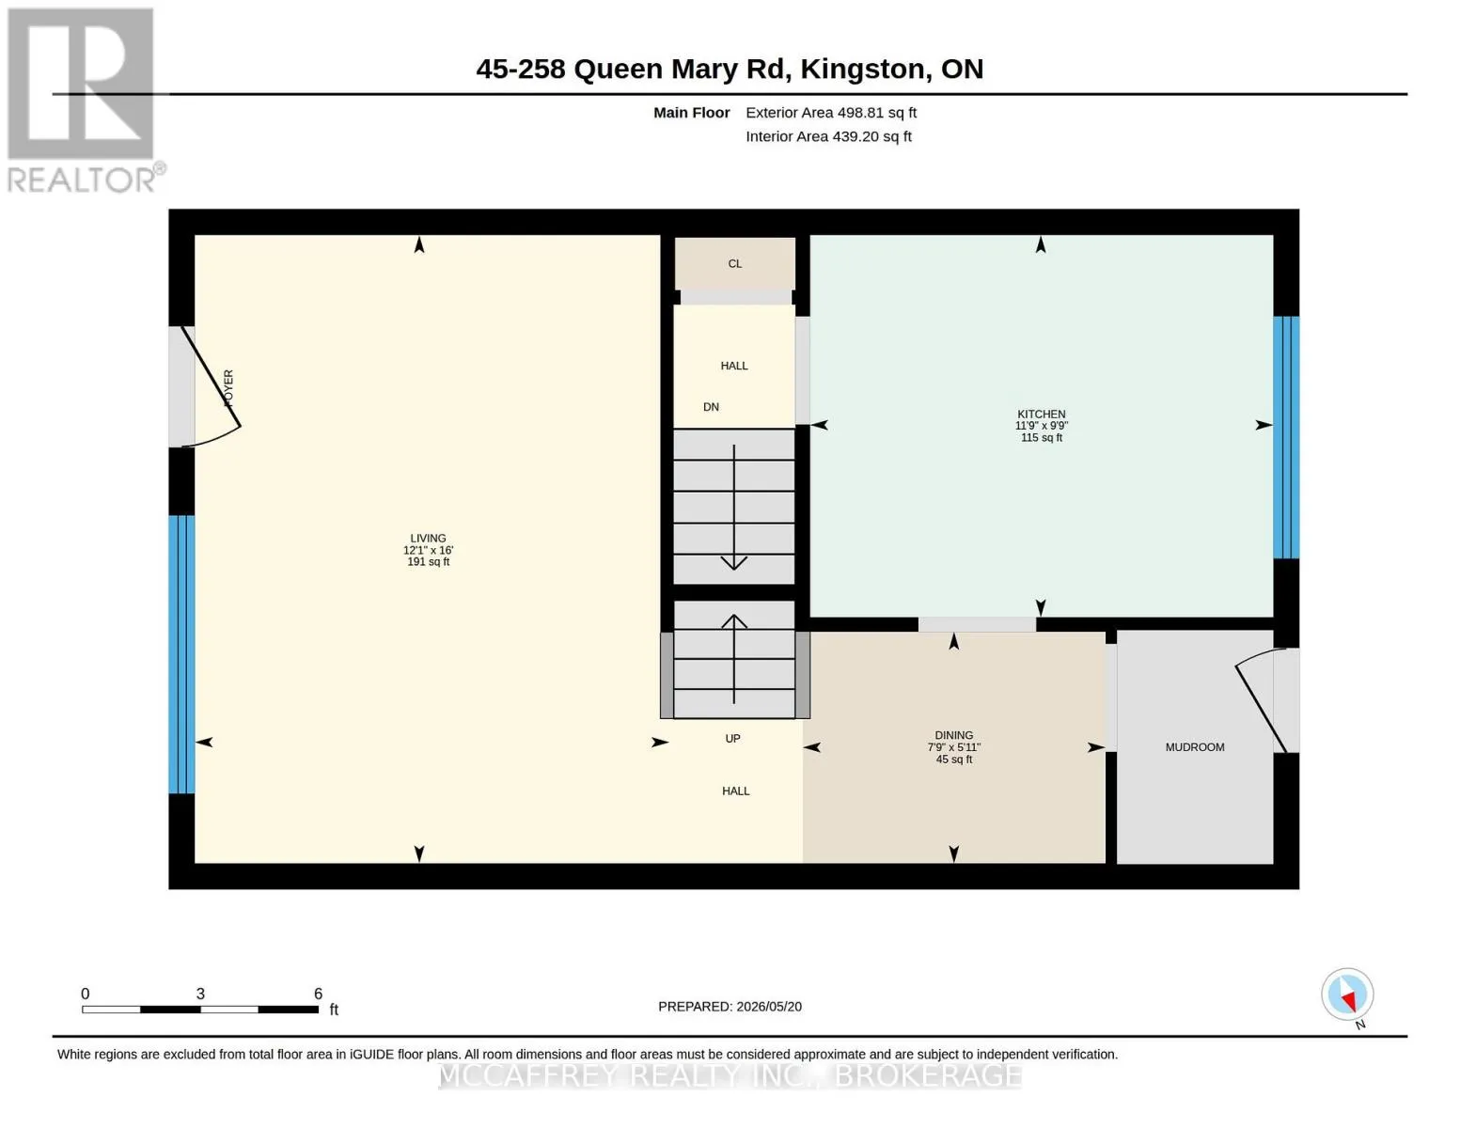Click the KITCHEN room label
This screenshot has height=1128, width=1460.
click(1041, 414)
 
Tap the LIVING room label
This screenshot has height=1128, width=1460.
click(428, 538)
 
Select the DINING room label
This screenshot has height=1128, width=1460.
click(953, 735)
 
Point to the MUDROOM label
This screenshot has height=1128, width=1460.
click(1195, 747)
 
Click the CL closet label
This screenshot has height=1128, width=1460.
click(735, 263)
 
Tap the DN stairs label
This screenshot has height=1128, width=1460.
click(711, 406)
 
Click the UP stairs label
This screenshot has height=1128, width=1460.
click(732, 738)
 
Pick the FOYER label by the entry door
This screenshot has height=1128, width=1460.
click(228, 387)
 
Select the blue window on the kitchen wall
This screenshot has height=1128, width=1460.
click(1286, 437)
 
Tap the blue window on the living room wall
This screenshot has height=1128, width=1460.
click(181, 653)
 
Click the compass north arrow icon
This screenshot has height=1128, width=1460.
click(1347, 995)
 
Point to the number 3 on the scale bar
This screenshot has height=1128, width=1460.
click(200, 994)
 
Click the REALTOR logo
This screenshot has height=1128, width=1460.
click(84, 101)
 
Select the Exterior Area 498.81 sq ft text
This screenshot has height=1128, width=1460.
click(831, 113)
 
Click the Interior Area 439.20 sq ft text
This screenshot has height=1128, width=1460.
click(828, 136)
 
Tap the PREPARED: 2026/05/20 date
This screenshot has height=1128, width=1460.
click(730, 1007)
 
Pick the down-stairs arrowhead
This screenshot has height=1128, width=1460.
click(733, 562)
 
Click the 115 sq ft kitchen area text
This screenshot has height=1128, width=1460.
click(1042, 437)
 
